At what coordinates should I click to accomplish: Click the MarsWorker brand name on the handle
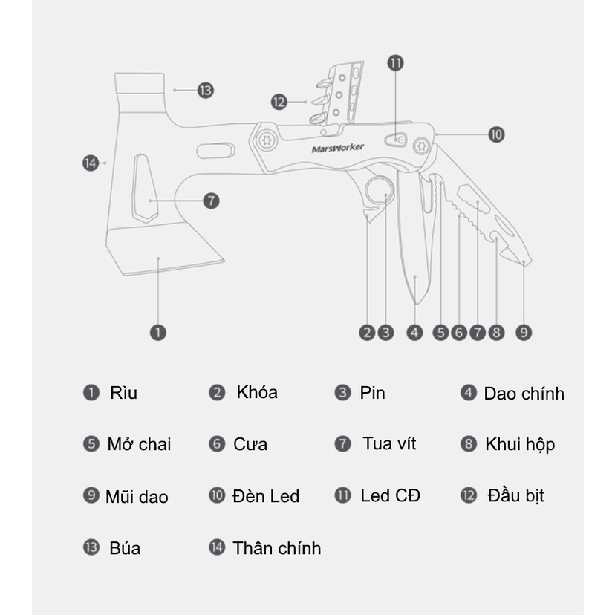click(338, 149)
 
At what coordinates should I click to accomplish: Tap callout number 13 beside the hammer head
click(206, 90)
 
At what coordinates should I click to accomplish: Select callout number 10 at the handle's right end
click(496, 134)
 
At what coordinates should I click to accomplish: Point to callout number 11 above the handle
click(395, 63)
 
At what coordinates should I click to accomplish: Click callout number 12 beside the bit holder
click(279, 102)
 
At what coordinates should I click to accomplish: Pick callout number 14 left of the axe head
click(91, 163)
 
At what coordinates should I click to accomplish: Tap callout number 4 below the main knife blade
click(414, 333)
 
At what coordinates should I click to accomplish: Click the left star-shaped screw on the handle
click(267, 140)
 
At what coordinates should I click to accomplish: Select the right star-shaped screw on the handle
click(422, 146)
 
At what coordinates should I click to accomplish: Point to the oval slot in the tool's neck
click(215, 151)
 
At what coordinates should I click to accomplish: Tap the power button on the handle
click(396, 140)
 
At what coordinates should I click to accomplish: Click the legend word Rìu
click(123, 393)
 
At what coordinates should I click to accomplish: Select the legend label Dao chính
click(524, 394)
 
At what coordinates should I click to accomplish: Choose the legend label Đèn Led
click(265, 496)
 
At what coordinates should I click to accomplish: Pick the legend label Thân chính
click(276, 548)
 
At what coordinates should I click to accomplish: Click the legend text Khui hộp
click(520, 445)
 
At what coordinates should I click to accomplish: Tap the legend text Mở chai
click(139, 444)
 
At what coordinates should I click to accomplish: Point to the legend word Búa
click(125, 548)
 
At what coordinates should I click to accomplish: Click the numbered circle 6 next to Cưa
click(217, 444)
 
